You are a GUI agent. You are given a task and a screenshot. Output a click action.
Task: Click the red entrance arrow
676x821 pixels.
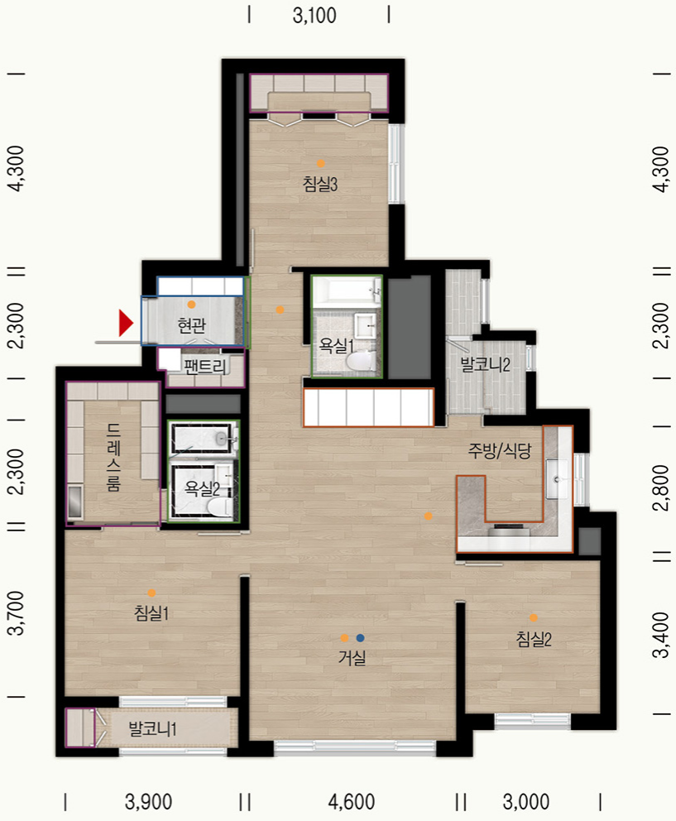(x=126, y=323)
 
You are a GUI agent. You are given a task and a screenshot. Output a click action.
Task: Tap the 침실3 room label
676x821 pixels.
(x=320, y=184)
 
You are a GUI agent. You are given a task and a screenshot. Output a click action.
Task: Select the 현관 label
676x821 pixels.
(x=192, y=325)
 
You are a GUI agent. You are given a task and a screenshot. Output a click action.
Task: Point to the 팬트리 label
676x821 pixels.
(x=205, y=367)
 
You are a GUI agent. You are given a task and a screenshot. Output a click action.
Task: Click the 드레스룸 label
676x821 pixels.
(x=113, y=457)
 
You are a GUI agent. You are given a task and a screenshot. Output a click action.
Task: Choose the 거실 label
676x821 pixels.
(x=352, y=657)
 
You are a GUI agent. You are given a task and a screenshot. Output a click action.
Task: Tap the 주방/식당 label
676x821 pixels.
(x=500, y=450)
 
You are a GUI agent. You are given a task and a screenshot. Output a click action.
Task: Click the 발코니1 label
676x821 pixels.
(x=152, y=728)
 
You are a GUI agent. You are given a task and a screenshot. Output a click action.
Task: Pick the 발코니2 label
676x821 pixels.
(x=485, y=364)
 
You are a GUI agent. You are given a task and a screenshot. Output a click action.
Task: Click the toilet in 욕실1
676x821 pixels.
(x=360, y=360)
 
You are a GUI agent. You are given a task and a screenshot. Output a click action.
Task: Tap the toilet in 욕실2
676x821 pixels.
(x=219, y=507)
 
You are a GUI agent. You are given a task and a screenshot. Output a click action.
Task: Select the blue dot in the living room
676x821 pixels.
(x=360, y=638)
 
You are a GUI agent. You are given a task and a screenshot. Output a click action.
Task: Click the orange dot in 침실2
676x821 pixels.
(x=533, y=618)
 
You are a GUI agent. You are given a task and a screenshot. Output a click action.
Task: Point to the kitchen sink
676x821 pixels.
(x=556, y=478)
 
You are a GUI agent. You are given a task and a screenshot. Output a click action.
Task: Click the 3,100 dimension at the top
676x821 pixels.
(x=314, y=16)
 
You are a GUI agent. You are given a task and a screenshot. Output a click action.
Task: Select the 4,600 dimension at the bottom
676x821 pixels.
(x=352, y=802)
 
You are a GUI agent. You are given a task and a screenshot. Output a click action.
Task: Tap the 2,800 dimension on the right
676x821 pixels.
(x=661, y=487)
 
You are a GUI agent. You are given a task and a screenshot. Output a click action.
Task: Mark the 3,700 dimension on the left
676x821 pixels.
(x=17, y=612)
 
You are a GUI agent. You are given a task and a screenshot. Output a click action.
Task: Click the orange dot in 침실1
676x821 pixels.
(x=151, y=593)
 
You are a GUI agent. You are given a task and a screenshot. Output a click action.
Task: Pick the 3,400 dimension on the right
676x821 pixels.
(x=661, y=634)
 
